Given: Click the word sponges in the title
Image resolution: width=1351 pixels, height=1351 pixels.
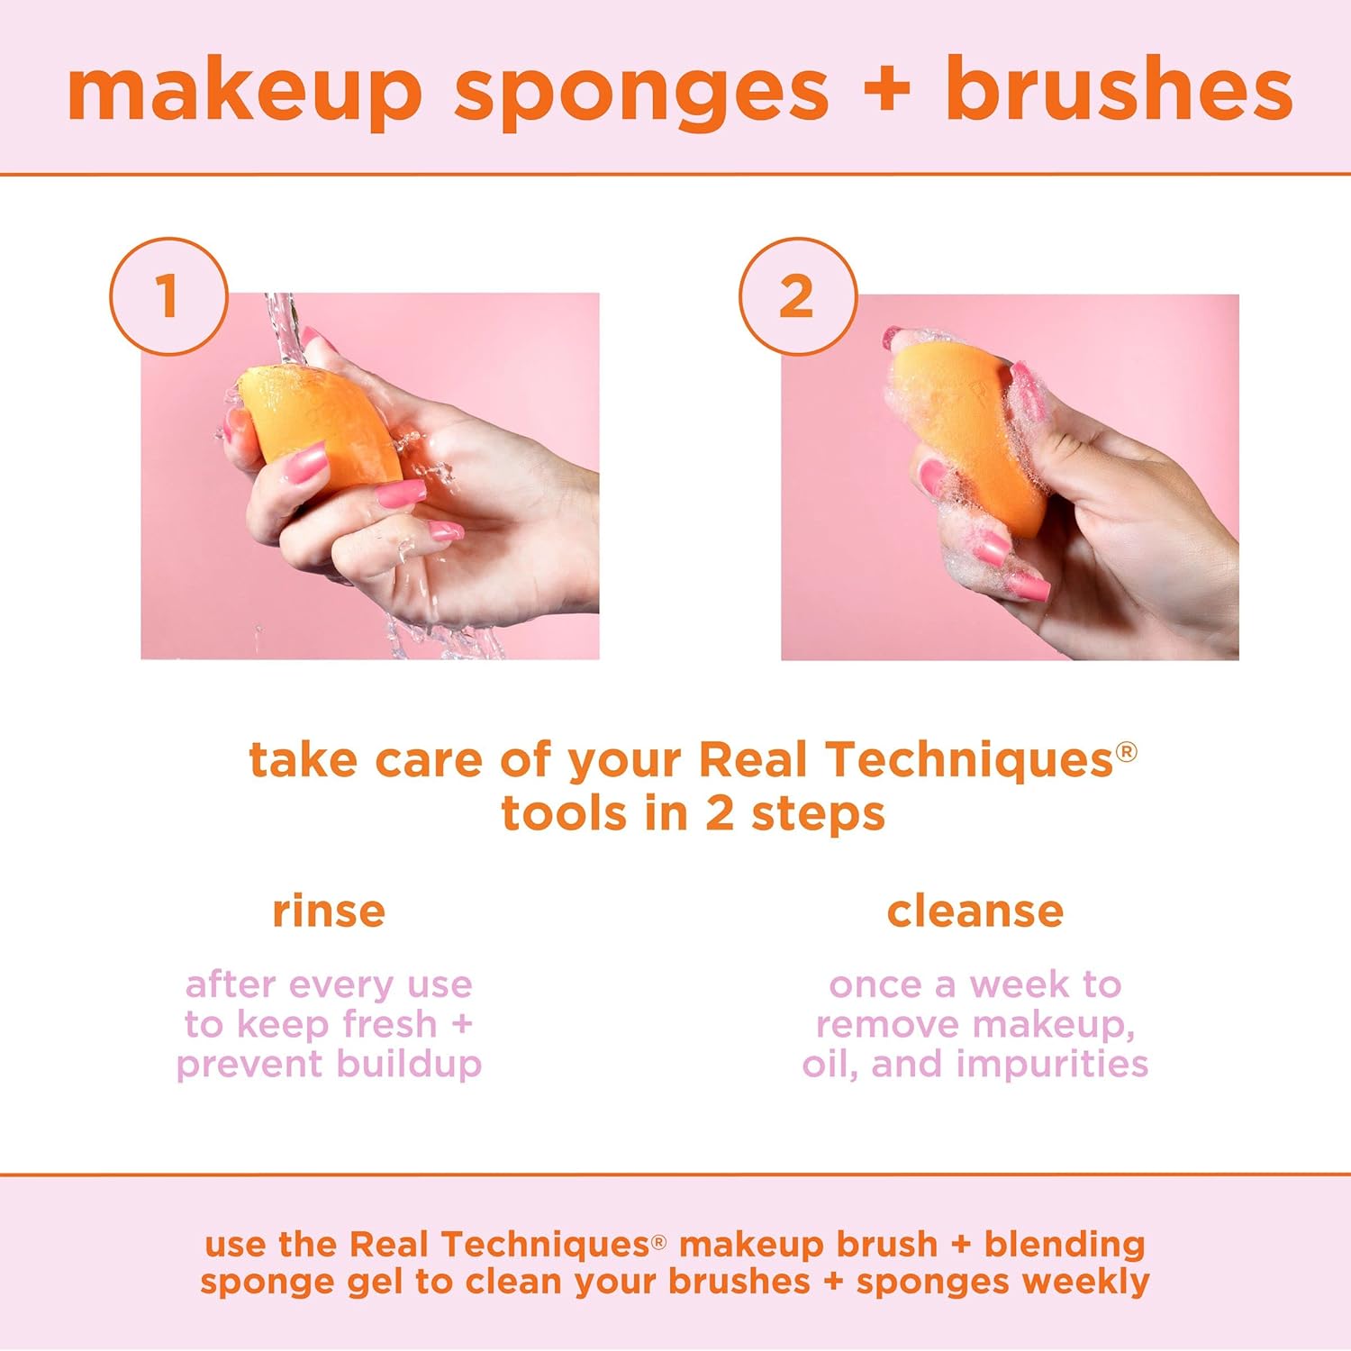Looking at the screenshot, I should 640,92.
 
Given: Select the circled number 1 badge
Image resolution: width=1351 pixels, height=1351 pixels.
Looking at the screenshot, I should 168,295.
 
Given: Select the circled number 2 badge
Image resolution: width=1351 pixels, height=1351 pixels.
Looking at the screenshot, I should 797,295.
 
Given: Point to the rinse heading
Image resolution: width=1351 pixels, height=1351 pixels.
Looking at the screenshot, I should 329,911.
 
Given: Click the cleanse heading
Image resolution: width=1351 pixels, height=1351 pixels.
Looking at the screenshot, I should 975,911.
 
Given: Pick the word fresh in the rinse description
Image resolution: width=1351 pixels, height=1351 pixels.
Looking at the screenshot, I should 390,1024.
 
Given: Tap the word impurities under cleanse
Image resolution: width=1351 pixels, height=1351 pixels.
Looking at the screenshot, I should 1052,1064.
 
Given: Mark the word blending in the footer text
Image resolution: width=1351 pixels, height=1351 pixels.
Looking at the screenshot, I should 1064,1244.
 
